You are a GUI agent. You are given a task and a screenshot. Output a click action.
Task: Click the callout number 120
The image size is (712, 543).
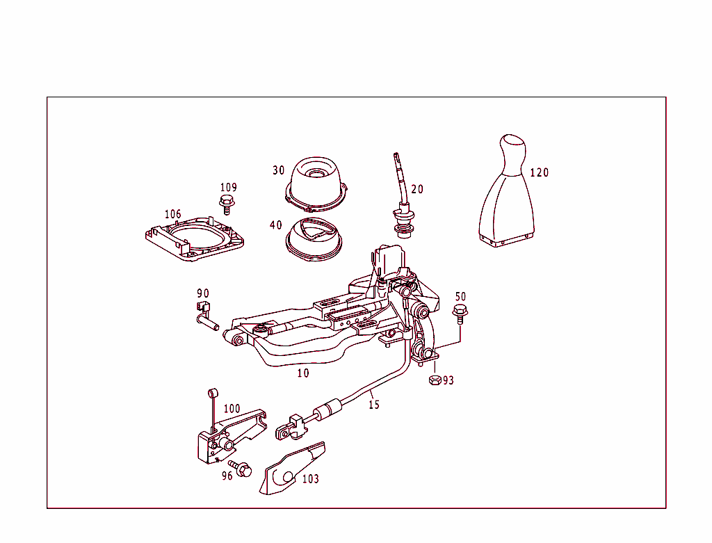(539, 172)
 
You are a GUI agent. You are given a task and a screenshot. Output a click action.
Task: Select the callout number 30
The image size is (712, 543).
(278, 170)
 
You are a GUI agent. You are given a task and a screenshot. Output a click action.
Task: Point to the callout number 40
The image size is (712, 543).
(276, 225)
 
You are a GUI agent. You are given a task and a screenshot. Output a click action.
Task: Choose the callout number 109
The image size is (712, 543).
(228, 187)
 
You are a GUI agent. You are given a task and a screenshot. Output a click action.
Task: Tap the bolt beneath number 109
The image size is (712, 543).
(226, 203)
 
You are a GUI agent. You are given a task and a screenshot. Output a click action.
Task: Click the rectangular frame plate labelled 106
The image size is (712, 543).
(195, 239)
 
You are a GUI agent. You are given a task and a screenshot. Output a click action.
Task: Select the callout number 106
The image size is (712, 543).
(172, 214)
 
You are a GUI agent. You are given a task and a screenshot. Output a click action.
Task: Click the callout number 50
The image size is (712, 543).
(460, 297)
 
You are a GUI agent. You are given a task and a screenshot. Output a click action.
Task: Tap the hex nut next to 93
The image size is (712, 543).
(435, 380)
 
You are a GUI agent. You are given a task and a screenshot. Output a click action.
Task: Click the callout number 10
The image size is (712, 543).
(303, 373)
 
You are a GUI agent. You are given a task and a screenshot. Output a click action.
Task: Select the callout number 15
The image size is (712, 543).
(374, 405)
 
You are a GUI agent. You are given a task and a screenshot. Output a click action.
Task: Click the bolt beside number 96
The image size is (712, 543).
(242, 469)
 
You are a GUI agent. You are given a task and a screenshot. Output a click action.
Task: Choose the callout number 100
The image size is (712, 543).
(232, 409)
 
